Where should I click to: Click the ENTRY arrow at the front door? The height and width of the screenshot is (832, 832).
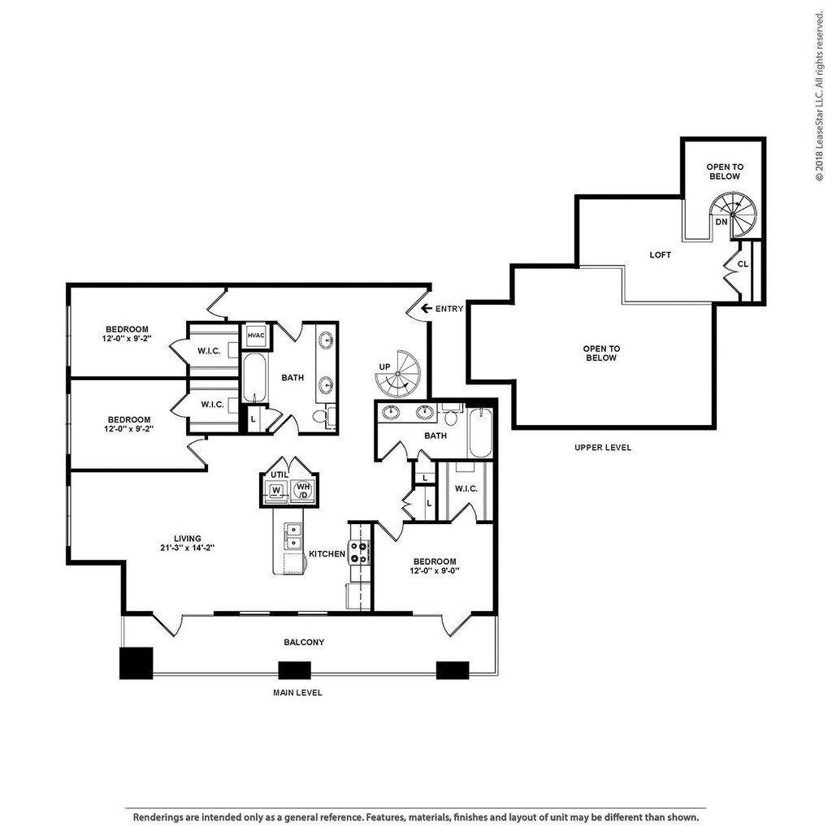pos(426,308)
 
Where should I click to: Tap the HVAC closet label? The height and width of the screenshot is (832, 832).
pos(256,336)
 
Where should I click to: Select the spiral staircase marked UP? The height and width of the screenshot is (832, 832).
pos(397,374)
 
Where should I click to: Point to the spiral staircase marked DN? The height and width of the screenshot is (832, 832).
pos(734,214)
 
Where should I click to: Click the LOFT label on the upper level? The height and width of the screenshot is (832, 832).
pos(660,254)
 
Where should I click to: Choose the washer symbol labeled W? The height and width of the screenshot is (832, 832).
pos(276,490)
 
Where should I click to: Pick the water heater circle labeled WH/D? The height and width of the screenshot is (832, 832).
pos(303,490)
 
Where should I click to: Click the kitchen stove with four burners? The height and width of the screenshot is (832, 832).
pos(358,552)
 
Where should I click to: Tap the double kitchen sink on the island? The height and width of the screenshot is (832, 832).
pos(292,536)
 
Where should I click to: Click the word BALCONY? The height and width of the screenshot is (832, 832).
pos(304,642)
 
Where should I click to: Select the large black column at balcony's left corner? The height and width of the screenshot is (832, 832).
pos(136,663)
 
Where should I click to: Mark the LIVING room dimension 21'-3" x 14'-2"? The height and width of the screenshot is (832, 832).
pos(188,548)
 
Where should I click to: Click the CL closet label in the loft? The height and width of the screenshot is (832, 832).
pos(743,264)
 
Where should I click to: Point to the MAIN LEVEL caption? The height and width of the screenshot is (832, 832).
pos(297,692)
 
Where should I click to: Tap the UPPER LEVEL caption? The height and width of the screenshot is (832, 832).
pos(603,448)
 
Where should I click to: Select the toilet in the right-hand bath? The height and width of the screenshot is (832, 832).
pos(451,416)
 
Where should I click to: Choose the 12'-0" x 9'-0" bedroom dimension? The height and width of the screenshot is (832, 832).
pos(434,571)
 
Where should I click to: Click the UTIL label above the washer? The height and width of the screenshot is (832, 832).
pos(279,474)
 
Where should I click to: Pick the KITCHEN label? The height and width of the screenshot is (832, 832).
pos(327,553)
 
